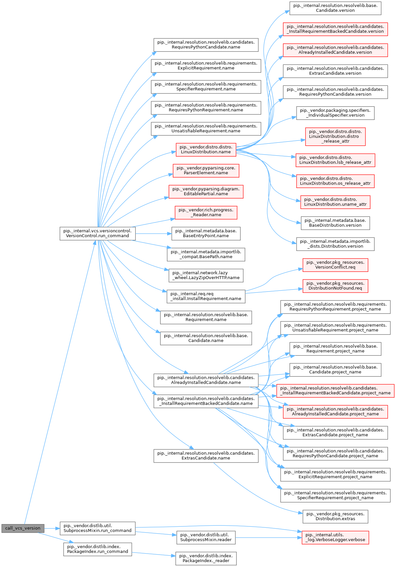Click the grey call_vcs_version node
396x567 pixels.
[x=23, y=528]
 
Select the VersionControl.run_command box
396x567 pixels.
[x=97, y=233]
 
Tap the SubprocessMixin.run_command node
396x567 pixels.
[x=97, y=528]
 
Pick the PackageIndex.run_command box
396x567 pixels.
[x=97, y=549]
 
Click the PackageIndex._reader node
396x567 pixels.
[x=206, y=558]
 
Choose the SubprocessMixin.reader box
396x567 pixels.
[x=206, y=537]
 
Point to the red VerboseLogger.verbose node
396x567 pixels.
[x=335, y=537]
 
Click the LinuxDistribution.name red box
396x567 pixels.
[x=206, y=149]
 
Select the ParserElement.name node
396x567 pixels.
[x=206, y=170]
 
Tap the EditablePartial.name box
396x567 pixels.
[x=206, y=191]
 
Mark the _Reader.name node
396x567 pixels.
[x=206, y=212]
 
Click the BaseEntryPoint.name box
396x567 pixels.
[x=206, y=233]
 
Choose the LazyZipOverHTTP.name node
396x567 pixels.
[x=206, y=275]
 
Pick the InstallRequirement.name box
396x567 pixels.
[x=206, y=296]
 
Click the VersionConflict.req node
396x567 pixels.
[x=335, y=265]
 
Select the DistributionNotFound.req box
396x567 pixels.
[x=335, y=286]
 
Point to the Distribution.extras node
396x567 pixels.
[x=335, y=516]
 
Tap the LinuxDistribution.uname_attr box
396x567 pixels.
[x=335, y=202]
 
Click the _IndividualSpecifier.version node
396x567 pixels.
[x=335, y=113]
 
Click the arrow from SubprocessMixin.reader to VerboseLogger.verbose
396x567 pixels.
[x=268, y=538]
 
